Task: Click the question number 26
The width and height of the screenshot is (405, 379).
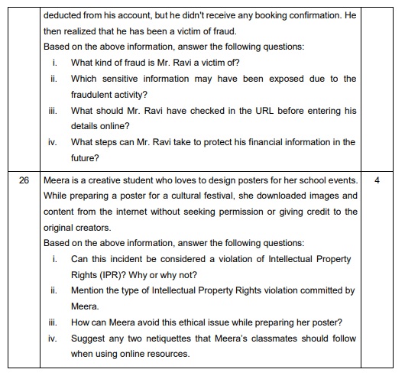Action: (x=24, y=181)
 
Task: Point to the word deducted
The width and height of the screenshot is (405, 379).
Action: (x=66, y=15)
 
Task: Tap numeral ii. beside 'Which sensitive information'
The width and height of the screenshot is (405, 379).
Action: (x=54, y=79)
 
